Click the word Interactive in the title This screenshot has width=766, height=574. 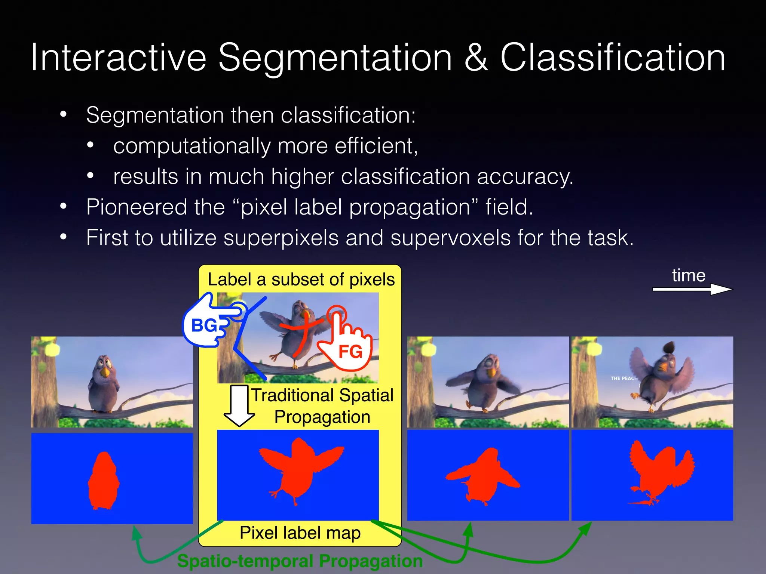tap(118, 58)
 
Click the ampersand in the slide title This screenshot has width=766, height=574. tap(476, 58)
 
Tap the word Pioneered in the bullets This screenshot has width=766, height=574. tap(137, 207)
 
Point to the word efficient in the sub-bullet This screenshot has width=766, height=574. tap(376, 146)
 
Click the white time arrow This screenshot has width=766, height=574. tap(692, 289)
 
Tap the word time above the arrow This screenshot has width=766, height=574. tap(689, 275)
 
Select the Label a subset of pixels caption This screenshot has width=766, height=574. tap(301, 280)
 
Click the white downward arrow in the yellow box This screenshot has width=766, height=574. tap(239, 405)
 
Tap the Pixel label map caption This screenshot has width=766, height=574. tap(300, 533)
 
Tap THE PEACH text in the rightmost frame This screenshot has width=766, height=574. tap(624, 378)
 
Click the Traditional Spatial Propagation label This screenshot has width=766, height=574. tap(322, 406)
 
